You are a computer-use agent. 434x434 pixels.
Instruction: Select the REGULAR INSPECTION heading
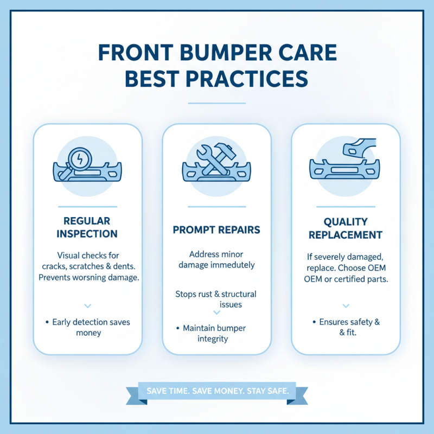tap(87, 227)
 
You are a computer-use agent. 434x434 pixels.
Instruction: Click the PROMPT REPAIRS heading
tap(216, 229)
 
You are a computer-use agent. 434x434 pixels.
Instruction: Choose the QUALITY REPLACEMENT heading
tap(346, 228)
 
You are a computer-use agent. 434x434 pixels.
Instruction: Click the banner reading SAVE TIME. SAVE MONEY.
tap(216, 391)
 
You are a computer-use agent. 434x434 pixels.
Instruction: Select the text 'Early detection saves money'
tap(88, 327)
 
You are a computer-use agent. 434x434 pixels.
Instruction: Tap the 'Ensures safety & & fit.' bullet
tap(346, 327)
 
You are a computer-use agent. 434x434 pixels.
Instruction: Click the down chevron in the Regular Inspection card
tap(88, 306)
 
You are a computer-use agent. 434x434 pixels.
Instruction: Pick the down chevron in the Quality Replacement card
tap(346, 306)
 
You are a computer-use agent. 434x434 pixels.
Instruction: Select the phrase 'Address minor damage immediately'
tap(216, 260)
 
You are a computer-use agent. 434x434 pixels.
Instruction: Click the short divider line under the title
tap(216, 103)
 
